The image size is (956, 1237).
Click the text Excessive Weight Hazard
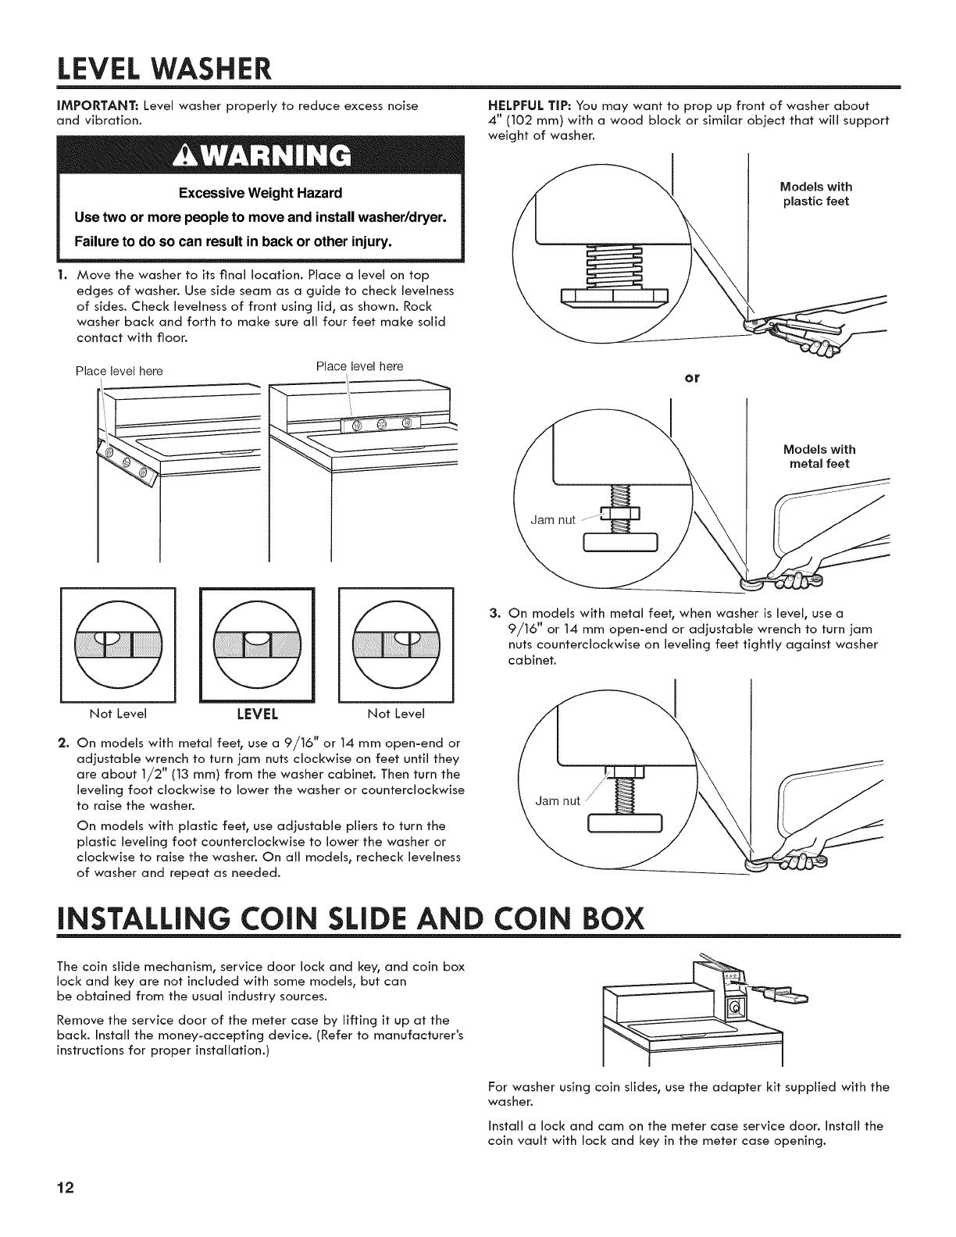[259, 192]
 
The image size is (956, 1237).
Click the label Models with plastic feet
[816, 194]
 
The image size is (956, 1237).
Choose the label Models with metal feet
[819, 456]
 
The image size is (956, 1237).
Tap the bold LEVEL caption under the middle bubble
[258, 714]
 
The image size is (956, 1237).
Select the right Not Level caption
[396, 714]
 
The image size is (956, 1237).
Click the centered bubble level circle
[257, 641]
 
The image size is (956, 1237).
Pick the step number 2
[66, 742]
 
